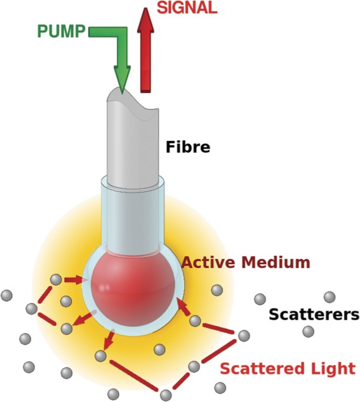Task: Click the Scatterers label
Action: pyautogui.click(x=314, y=315)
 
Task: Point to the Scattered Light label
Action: pyautogui.click(x=287, y=369)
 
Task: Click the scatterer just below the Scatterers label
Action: pyautogui.click(x=308, y=332)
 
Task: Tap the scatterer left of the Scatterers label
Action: pyautogui.click(x=260, y=299)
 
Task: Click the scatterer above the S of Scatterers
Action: pyautogui.click(x=329, y=297)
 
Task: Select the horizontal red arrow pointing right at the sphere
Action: pyautogui.click(x=73, y=280)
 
